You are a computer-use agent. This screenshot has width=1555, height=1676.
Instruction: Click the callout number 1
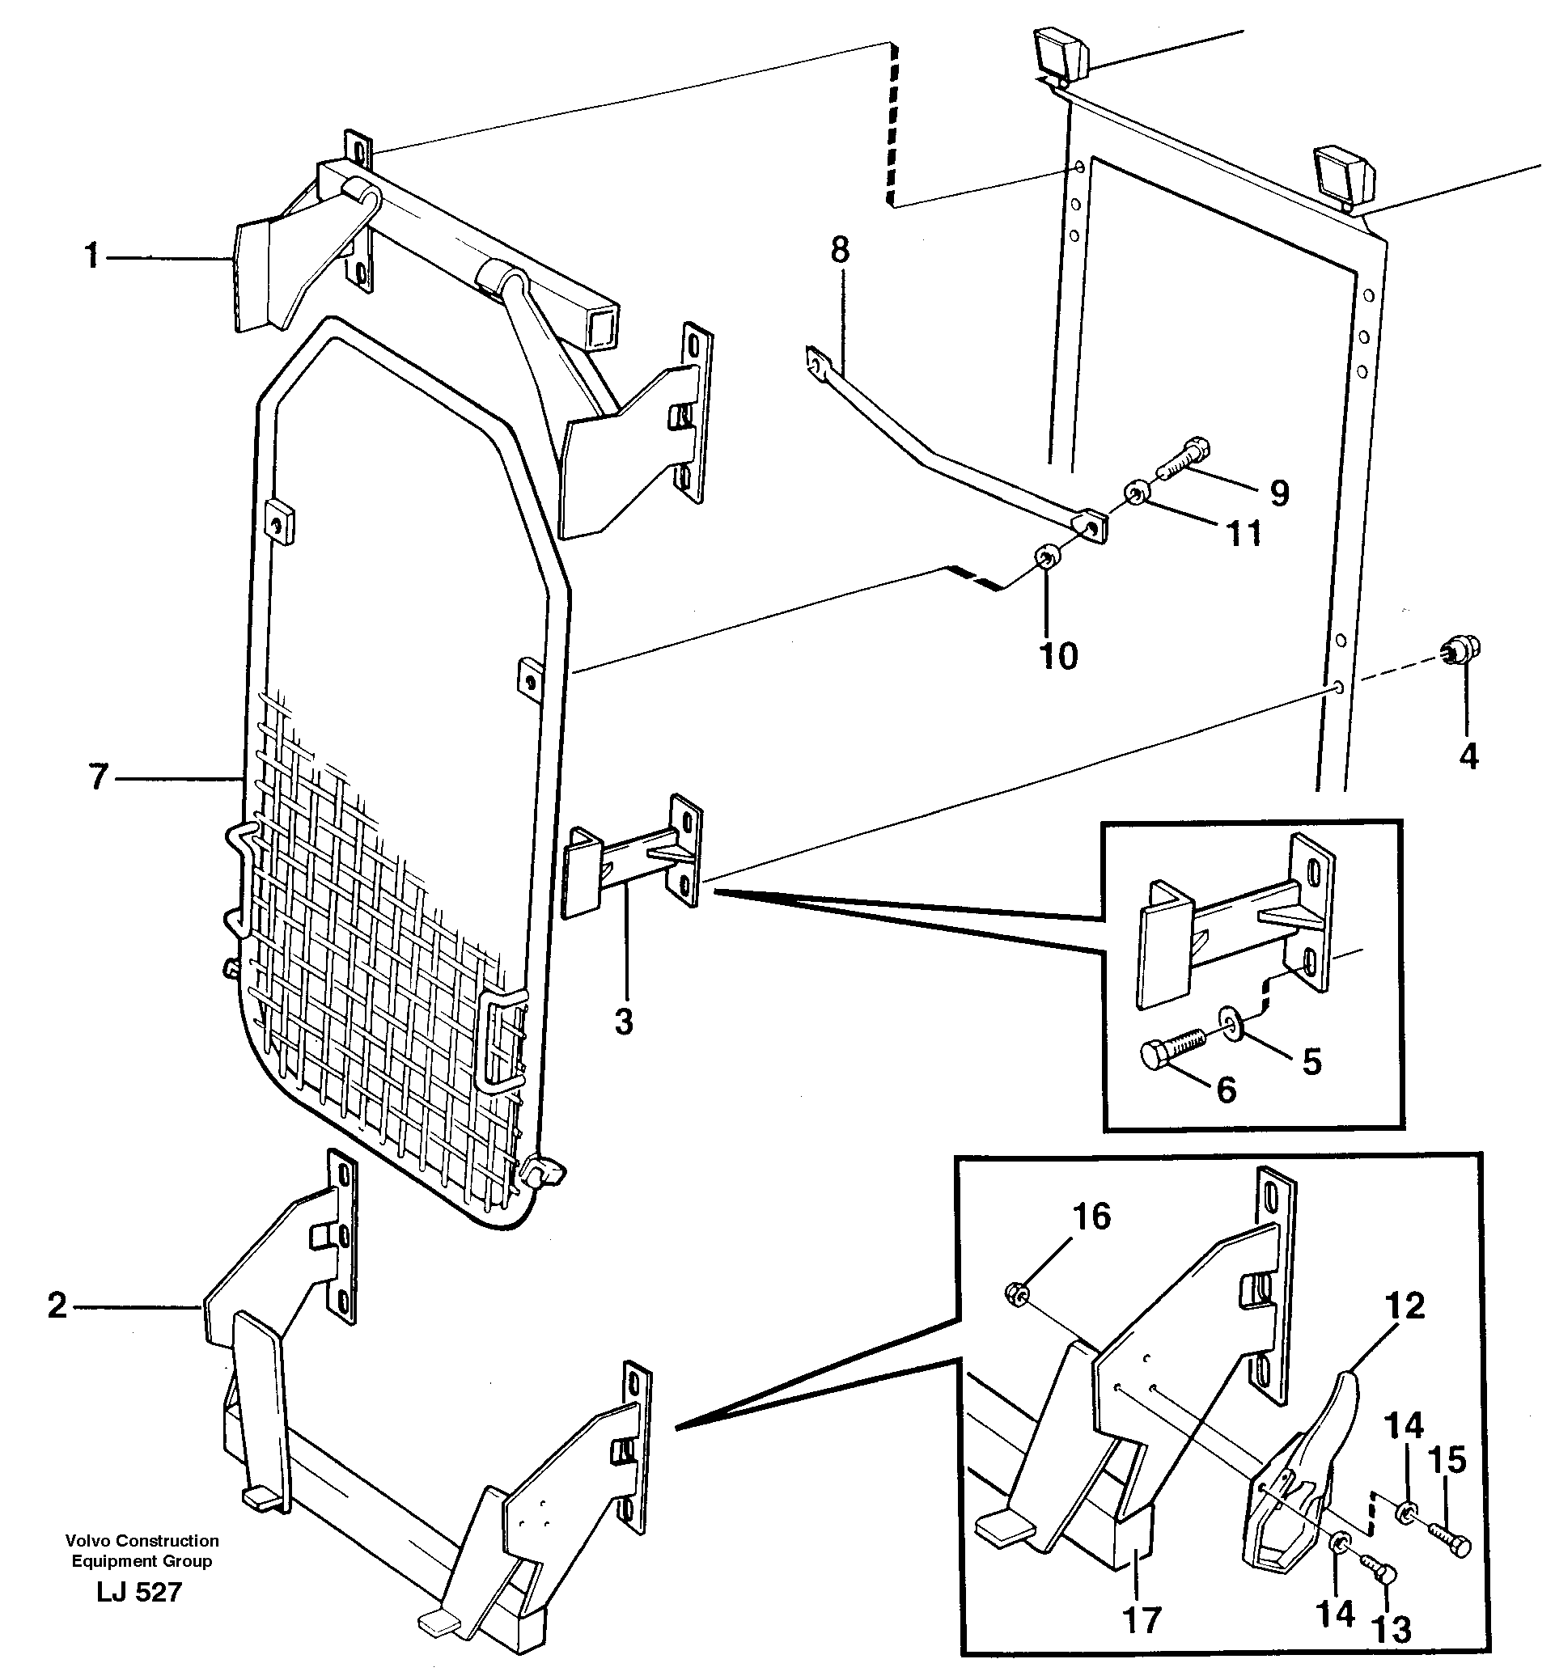pyautogui.click(x=91, y=256)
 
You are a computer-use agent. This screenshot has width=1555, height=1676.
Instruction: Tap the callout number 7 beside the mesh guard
pyautogui.click(x=100, y=777)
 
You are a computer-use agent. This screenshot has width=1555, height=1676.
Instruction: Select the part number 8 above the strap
pyautogui.click(x=840, y=250)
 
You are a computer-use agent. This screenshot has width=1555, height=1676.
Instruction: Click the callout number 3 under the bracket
pyautogui.click(x=623, y=1022)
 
